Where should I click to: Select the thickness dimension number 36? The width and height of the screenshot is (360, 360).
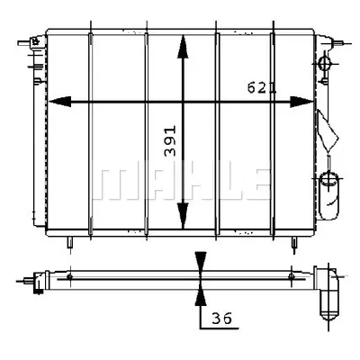coord(222,318)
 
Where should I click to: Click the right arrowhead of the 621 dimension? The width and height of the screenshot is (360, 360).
coord(304,103)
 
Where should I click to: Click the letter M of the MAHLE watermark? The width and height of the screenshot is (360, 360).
coord(112,181)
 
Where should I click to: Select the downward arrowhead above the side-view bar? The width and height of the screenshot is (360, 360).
coord(200,260)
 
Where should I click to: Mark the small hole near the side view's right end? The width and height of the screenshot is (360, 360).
coord(290,276)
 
